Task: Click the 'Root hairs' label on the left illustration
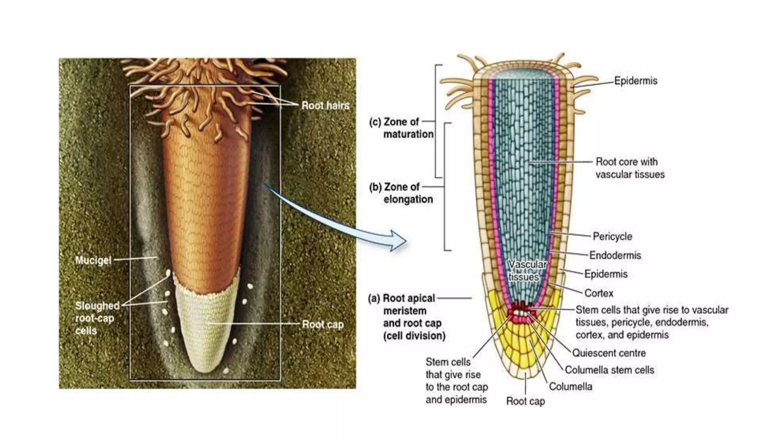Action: click(x=325, y=106)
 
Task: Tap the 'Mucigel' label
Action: click(x=93, y=260)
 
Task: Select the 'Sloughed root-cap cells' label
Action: click(x=97, y=318)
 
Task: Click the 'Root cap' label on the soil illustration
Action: click(x=323, y=325)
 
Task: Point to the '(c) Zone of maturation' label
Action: click(x=401, y=128)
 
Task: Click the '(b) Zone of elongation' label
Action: click(x=401, y=193)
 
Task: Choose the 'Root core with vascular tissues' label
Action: click(x=630, y=168)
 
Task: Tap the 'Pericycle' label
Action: click(x=612, y=236)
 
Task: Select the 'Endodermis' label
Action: click(x=615, y=255)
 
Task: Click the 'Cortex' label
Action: click(x=599, y=293)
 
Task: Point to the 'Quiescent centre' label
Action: click(x=609, y=353)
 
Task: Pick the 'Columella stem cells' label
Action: click(x=609, y=370)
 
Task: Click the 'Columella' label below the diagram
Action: click(x=570, y=387)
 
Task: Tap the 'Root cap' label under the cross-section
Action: click(x=525, y=401)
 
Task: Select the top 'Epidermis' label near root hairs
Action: click(x=635, y=81)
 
